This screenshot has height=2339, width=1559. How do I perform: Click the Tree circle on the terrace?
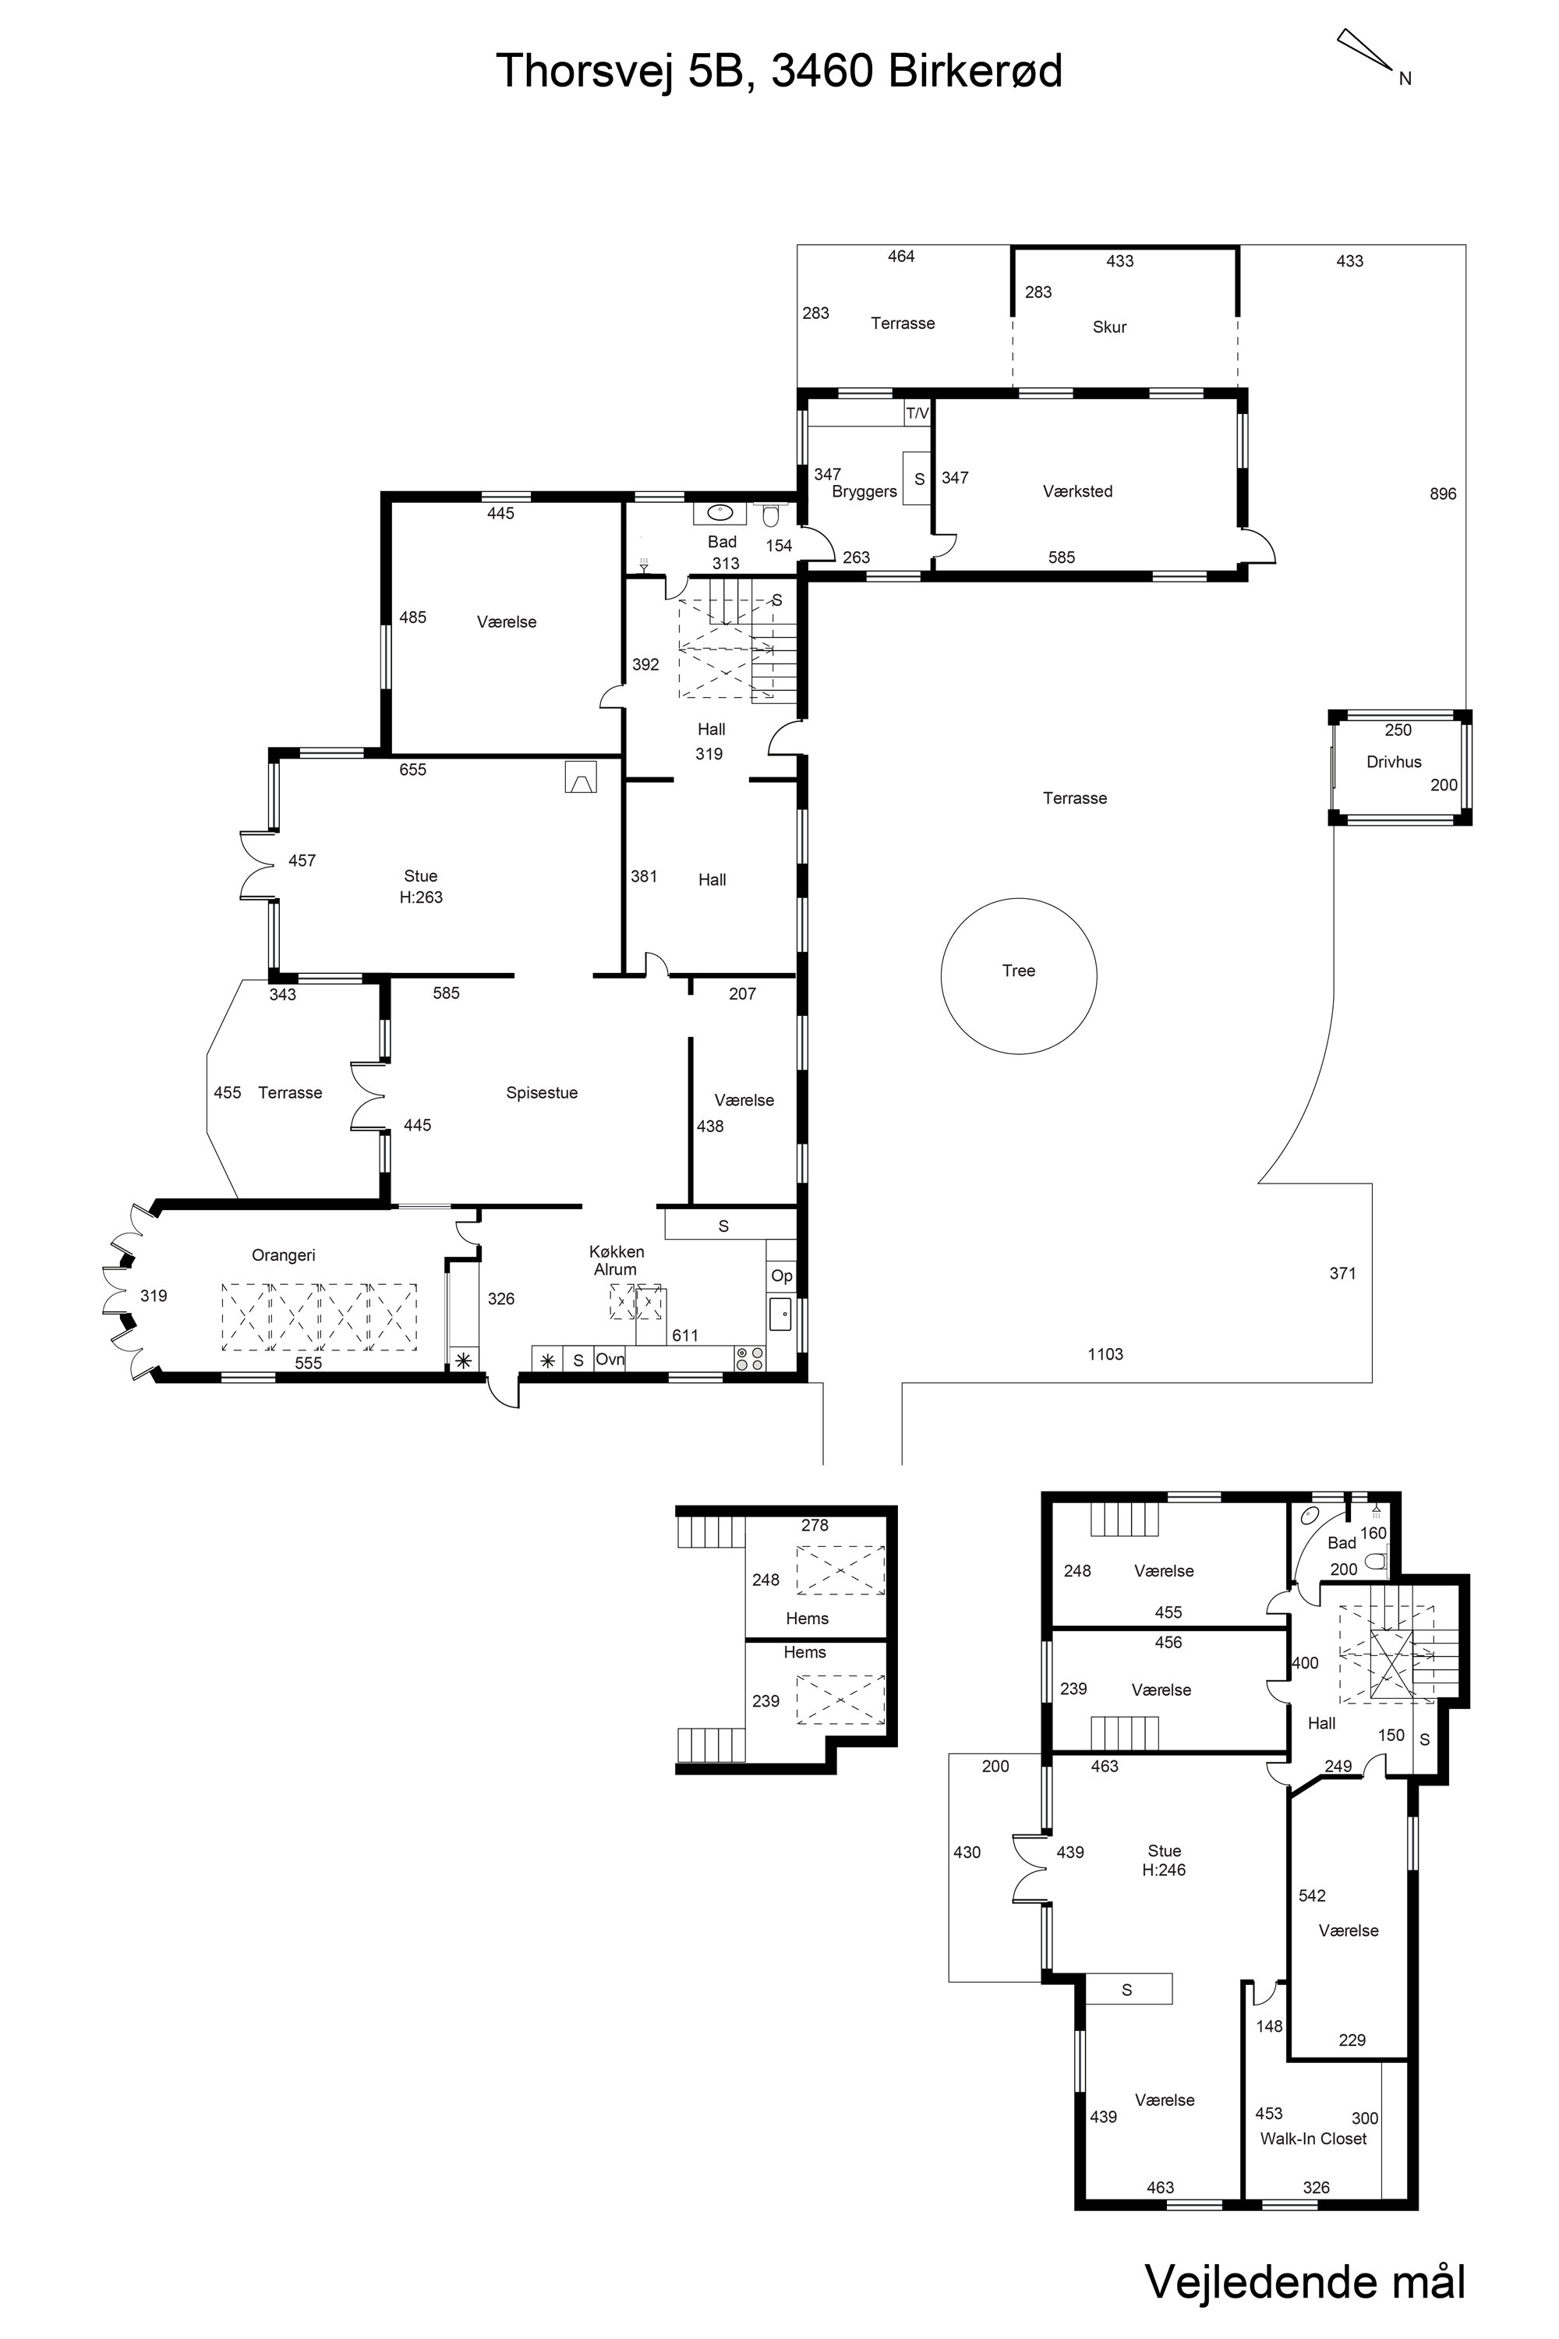click(942, 975)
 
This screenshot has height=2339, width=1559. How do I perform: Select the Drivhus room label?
click(1394, 762)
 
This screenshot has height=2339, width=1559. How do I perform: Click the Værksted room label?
click(1078, 491)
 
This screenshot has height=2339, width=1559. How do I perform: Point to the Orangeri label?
click(284, 1255)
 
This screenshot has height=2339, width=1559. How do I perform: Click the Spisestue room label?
click(542, 1093)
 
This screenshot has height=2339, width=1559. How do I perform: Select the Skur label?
click(1109, 327)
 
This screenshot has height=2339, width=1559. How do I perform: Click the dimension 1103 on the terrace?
click(1105, 1354)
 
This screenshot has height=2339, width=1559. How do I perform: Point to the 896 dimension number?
click(1443, 494)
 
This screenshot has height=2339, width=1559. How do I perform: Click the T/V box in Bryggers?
click(917, 412)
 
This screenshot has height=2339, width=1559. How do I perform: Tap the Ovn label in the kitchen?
click(610, 1358)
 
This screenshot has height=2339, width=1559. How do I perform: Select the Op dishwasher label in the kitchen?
click(782, 1276)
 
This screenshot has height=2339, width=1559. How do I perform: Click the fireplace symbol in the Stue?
click(581, 777)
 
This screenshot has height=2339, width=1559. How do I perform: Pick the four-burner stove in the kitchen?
click(750, 1358)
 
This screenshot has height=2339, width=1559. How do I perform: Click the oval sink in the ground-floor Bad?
click(719, 513)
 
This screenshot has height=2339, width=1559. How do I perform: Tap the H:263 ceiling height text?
click(421, 897)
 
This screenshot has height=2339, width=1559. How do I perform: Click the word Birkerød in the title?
click(975, 72)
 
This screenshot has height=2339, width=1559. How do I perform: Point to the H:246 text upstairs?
click(1165, 1870)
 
